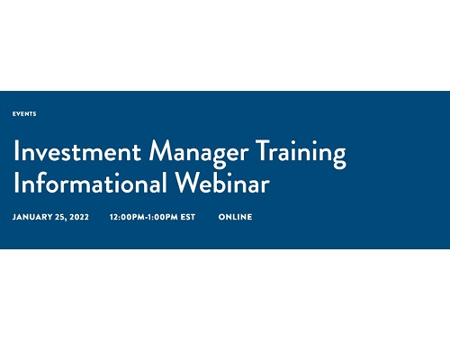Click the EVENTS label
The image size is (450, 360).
pos(24,114)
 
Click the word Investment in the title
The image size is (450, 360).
pos(77,151)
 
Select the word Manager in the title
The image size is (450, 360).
pos(199,153)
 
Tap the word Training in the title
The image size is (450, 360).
pos(301,153)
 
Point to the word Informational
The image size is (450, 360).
pos(90,183)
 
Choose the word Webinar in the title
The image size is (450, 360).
pos(222,183)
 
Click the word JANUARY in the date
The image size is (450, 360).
pos(32,217)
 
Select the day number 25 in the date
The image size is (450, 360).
pos(59,217)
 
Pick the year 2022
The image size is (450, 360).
pos(79,217)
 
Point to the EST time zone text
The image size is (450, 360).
pos(188,217)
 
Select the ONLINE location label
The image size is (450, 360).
pos(235,217)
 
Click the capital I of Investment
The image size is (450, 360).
pos(16,151)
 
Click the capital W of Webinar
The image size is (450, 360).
pos(189,182)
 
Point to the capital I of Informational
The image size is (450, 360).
pos(16,183)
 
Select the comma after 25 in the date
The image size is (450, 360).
pos(66,220)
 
